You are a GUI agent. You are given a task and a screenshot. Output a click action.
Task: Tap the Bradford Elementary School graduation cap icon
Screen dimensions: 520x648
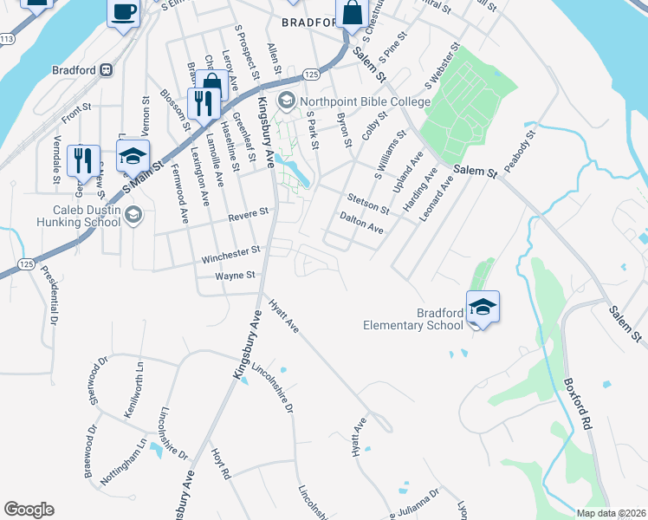(483, 306)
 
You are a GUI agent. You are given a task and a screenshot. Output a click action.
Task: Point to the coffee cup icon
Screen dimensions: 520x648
(123, 12)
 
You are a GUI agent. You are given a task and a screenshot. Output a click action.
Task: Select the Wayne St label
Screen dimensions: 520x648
(237, 276)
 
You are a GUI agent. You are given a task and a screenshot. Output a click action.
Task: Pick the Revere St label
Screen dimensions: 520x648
(249, 212)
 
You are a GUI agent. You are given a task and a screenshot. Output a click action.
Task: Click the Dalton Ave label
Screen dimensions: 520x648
(361, 223)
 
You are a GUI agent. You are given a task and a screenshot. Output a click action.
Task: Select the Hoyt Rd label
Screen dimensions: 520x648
(221, 464)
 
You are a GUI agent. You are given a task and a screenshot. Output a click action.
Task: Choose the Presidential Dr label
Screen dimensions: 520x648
(49, 296)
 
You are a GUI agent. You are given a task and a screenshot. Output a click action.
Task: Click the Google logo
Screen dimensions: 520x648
(29, 510)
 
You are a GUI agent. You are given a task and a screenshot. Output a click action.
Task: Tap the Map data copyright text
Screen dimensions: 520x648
(611, 513)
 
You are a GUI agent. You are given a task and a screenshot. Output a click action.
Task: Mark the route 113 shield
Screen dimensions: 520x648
(7, 39)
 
